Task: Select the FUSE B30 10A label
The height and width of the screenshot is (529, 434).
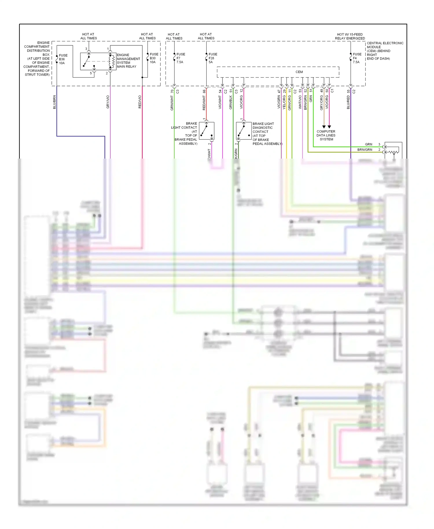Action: [x=154, y=58]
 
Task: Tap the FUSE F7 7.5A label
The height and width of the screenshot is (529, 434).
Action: [x=181, y=58]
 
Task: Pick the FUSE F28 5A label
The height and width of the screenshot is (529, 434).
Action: [x=213, y=58]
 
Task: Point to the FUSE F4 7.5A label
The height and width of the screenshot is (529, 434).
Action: [x=357, y=58]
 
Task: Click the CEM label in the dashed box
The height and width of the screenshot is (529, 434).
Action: [x=299, y=72]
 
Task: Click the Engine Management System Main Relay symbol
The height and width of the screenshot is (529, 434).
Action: [x=98, y=61]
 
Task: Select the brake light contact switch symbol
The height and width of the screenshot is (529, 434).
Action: [x=207, y=131]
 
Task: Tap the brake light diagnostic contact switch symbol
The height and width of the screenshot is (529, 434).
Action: [x=244, y=131]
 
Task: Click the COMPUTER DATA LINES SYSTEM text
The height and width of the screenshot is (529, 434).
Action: [x=326, y=135]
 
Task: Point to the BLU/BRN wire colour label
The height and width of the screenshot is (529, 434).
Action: [x=54, y=102]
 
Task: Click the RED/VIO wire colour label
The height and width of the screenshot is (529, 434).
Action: [x=140, y=102]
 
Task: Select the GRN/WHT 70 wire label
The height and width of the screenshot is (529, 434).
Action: [x=172, y=100]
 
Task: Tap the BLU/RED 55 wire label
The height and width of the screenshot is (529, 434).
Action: [x=348, y=100]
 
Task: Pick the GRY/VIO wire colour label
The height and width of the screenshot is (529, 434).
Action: [x=108, y=102]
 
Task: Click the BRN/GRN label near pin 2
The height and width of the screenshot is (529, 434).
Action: [x=365, y=150]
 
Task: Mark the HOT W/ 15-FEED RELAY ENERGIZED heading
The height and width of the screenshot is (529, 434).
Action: [x=350, y=36]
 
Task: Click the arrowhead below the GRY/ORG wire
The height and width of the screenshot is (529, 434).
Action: [x=324, y=127]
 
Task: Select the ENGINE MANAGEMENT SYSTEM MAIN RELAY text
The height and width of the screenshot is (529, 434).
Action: [x=128, y=61]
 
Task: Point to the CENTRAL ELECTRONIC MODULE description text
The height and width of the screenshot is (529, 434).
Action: [x=385, y=51]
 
